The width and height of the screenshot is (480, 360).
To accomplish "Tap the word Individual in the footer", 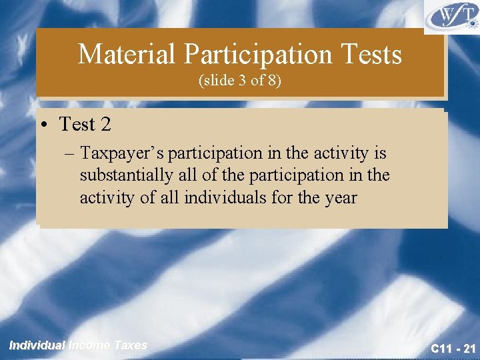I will click(x=37, y=345).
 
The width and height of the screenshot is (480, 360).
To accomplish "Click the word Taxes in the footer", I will click(x=130, y=345).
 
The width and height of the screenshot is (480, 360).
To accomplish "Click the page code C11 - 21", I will click(x=453, y=347).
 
